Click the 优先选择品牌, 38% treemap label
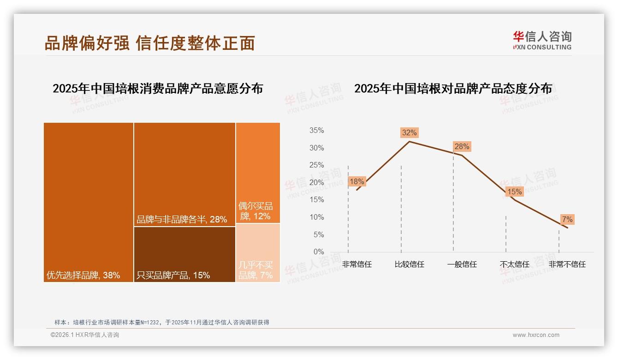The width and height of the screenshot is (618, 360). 83,276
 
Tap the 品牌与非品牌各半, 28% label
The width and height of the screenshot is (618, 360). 182,220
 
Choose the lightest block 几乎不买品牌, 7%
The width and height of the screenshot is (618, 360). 258,252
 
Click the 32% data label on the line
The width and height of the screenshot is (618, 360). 409,133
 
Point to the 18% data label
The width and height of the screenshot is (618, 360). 357,182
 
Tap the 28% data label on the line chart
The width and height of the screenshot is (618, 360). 462,147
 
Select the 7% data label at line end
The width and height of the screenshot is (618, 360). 567,220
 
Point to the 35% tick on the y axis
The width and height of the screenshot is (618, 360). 316,131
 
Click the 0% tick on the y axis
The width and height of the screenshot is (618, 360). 319,252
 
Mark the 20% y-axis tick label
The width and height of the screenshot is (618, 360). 316,183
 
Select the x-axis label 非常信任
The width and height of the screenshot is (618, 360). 357,264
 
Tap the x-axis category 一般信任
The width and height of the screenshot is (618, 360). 462,264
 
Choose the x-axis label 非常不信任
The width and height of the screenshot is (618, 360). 567,264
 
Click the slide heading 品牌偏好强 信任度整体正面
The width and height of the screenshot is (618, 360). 149,43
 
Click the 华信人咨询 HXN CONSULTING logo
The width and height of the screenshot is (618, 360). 542,40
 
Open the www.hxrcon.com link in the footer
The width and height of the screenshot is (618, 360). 536,335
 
